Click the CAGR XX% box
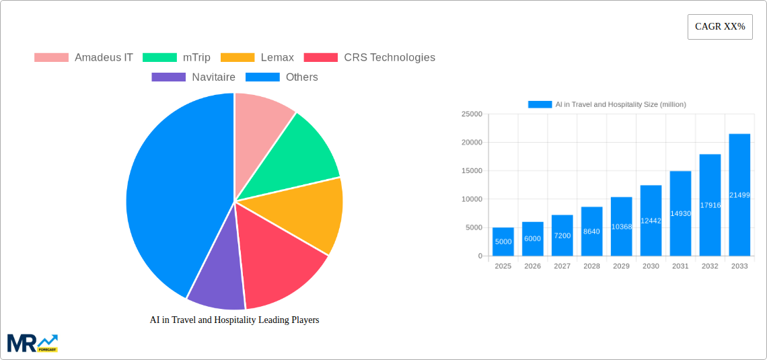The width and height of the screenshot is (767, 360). click(x=720, y=27)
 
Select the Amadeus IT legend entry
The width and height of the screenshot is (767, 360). click(x=84, y=57)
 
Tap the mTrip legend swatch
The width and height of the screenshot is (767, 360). click(x=159, y=57)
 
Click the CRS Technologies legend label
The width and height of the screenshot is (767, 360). click(x=390, y=57)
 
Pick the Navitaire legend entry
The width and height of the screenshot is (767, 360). click(x=194, y=77)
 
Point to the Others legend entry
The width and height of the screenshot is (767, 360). click(x=282, y=77)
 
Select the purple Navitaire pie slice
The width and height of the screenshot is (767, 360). click(x=217, y=287)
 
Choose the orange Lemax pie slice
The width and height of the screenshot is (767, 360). click(x=306, y=212)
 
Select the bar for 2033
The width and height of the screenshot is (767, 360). click(x=739, y=195)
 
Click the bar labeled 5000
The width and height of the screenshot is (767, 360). click(x=503, y=242)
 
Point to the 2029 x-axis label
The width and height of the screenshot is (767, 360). click(x=621, y=266)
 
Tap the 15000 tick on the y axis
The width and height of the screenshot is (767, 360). click(x=471, y=171)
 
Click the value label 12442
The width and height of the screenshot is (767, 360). click(x=651, y=221)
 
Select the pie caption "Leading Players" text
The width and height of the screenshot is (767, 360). click(x=234, y=320)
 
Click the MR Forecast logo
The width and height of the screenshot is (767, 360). click(x=32, y=343)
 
